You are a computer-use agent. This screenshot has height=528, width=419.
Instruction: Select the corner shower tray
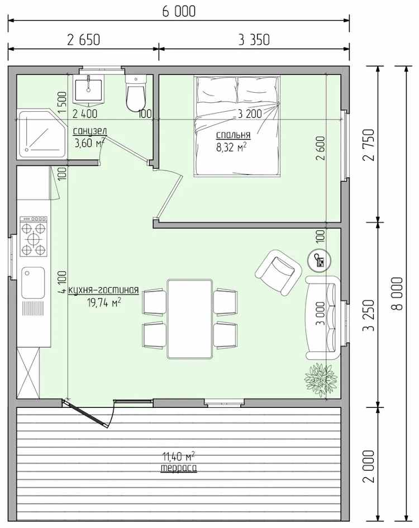42,134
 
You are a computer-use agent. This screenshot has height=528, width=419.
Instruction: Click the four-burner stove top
34,236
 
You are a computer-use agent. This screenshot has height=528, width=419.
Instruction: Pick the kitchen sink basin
33,283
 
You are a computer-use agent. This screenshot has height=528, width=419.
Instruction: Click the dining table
190,319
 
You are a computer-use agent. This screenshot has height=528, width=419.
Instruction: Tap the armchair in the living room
279,272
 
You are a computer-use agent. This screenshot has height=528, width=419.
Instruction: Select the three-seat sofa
322,318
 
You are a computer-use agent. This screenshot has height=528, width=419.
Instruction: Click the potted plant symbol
320,378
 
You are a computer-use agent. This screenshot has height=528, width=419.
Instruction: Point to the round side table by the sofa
320,260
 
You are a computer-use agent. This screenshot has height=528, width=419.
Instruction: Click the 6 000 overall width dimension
179,11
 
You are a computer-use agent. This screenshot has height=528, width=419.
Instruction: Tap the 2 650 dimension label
84,40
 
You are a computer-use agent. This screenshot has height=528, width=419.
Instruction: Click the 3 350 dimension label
254,40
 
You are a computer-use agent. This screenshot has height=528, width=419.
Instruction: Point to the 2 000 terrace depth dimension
369,466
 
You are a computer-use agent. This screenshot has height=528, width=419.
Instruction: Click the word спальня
234,135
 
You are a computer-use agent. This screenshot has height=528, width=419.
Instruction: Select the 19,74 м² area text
104,302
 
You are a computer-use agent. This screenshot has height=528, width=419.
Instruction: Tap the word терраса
179,468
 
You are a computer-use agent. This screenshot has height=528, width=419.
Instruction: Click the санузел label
90,131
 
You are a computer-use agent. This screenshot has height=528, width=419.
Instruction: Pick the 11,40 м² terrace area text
179,456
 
